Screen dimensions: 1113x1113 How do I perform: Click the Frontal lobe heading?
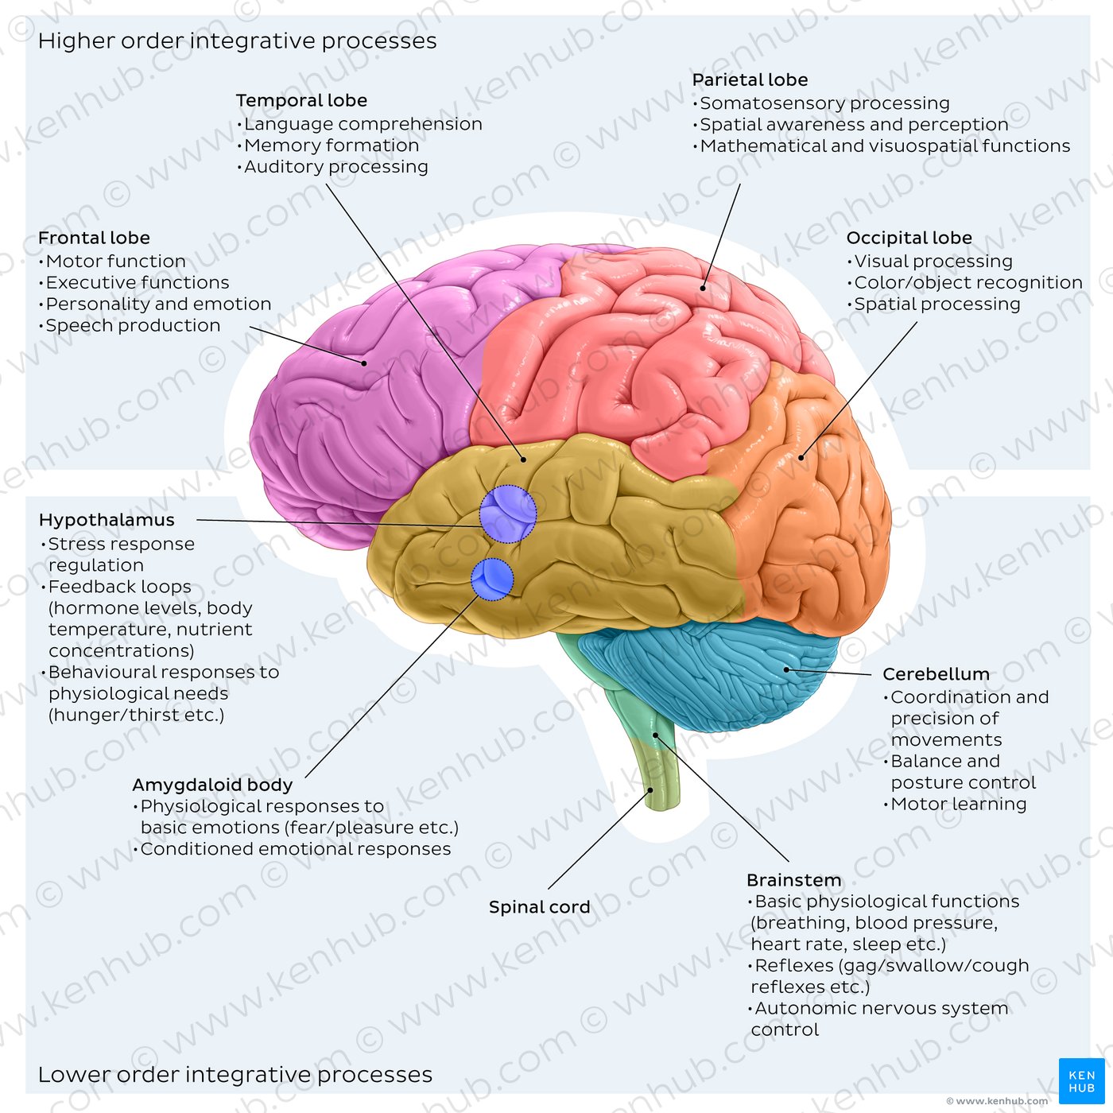[x=94, y=238]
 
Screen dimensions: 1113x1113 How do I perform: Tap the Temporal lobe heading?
[x=301, y=100]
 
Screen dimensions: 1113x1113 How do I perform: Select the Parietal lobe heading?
[x=750, y=79]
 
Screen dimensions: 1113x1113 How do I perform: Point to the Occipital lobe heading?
[x=909, y=238]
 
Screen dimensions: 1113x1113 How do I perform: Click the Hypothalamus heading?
[x=107, y=521]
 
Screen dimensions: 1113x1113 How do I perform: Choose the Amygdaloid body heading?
[x=212, y=785]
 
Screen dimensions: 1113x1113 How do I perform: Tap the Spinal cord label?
[x=540, y=907]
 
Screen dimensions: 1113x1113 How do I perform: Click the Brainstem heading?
[x=794, y=880]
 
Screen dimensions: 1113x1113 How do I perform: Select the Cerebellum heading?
[x=937, y=674]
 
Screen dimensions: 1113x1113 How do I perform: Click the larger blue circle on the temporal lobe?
[x=508, y=514]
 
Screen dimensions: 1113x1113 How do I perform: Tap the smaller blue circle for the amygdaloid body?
[x=492, y=580]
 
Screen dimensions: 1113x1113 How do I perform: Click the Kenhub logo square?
[x=1082, y=1081]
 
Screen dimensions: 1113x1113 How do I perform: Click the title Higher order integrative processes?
[x=238, y=41]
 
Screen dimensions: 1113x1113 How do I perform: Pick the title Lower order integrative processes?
[x=235, y=1075]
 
